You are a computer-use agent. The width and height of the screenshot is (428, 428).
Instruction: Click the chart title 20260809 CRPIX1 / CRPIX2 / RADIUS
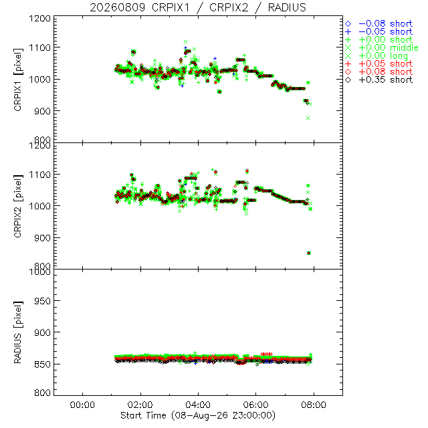point(198,7)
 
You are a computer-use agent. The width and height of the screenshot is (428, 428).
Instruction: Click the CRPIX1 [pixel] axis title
point(18,80)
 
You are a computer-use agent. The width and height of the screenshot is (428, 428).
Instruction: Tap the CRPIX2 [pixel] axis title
point(18,206)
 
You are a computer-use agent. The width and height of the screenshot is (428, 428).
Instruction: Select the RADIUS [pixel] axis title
point(18,332)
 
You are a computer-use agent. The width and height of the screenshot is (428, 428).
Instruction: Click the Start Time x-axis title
point(198,415)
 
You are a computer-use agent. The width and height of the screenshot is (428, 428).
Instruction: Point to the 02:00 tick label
point(140,405)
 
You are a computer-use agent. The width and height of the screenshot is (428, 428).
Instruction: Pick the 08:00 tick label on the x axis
point(314,405)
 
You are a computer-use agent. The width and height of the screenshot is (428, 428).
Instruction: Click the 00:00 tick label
point(82,405)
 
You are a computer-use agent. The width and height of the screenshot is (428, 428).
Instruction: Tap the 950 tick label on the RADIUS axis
point(42,301)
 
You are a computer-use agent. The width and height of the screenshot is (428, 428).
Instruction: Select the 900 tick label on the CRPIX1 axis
point(42,111)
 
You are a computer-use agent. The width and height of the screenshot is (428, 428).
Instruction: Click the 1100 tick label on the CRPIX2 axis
point(40,175)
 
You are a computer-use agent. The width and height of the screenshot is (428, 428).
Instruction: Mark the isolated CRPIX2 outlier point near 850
point(309,253)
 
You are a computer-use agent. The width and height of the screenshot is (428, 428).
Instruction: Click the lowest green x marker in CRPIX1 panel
point(308,118)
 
